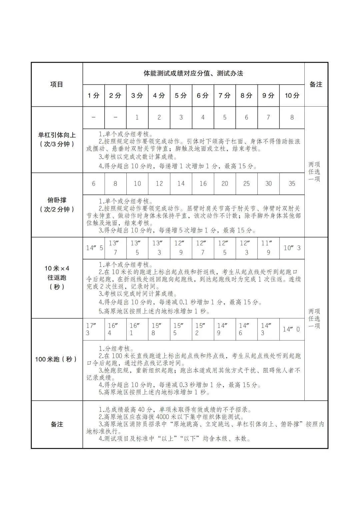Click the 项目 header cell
click(x=57, y=84)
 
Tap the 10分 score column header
click(x=292, y=96)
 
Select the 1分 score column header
click(x=94, y=96)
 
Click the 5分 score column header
click(x=181, y=96)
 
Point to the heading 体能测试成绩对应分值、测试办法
click(x=193, y=73)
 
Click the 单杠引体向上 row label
click(x=57, y=140)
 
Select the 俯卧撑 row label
click(x=57, y=205)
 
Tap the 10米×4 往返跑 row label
click(x=57, y=277)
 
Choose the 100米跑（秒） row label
click(x=57, y=359)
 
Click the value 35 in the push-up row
click(x=292, y=184)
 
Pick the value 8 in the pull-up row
click(x=292, y=117)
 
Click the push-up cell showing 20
click(x=225, y=184)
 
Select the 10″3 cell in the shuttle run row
click(x=292, y=248)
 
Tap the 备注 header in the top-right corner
click(x=316, y=84)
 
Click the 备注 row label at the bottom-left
click(x=57, y=424)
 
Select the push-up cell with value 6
click(x=94, y=184)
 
